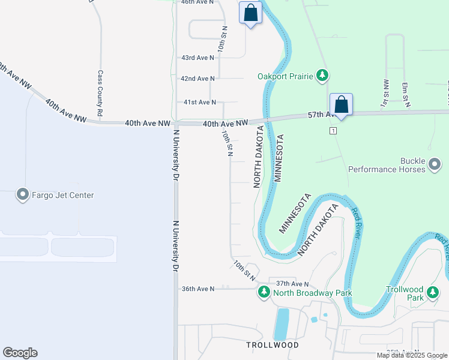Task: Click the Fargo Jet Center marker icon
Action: pyautogui.click(x=23, y=195)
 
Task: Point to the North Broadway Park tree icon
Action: pyautogui.click(x=264, y=292)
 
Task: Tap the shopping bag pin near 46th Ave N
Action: pyautogui.click(x=250, y=13)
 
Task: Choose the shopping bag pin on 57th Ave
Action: pyautogui.click(x=341, y=104)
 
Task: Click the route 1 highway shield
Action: pyautogui.click(x=333, y=130)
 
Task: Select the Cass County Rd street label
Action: pyautogui.click(x=100, y=93)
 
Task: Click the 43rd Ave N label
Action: pyautogui.click(x=197, y=58)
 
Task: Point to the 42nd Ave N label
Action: pyautogui.click(x=197, y=79)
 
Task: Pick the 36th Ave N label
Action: pyautogui.click(x=197, y=289)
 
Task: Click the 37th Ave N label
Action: pyautogui.click(x=292, y=283)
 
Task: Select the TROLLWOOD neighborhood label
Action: pyautogui.click(x=272, y=345)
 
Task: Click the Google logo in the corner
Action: pyautogui.click(x=20, y=353)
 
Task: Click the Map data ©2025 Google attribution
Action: pyautogui.click(x=412, y=355)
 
